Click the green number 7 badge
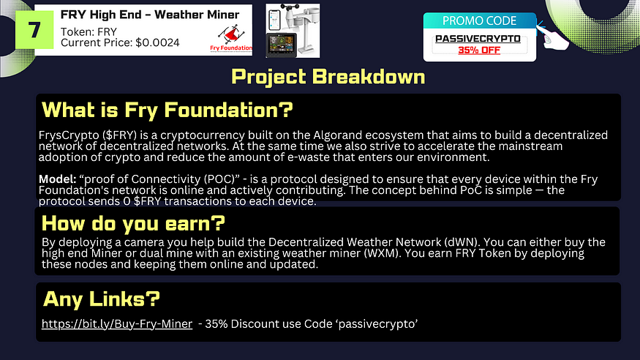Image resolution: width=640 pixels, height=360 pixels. [34, 30]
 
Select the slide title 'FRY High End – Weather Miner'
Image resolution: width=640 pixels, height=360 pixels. [150, 15]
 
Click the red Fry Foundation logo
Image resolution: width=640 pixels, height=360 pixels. [231, 38]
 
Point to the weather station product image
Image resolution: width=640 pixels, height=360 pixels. [293, 31]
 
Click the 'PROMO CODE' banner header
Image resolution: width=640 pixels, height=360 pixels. [479, 20]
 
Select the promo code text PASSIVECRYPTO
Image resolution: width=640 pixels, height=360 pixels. [478, 39]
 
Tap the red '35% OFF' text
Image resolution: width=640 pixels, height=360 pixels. [479, 50]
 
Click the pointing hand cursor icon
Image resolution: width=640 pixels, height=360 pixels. [553, 37]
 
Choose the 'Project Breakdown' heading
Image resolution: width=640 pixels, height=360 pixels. [328, 76]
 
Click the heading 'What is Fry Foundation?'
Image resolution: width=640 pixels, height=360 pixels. [167, 110]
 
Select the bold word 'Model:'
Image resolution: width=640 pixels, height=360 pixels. [58, 179]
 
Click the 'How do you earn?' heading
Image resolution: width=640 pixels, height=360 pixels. [133, 223]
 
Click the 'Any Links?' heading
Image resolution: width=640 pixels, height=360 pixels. [102, 299]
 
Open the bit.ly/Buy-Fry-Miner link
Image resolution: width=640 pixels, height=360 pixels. [117, 323]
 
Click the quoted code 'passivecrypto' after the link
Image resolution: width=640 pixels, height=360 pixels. [378, 323]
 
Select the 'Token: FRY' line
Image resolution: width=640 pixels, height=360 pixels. [89, 32]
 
